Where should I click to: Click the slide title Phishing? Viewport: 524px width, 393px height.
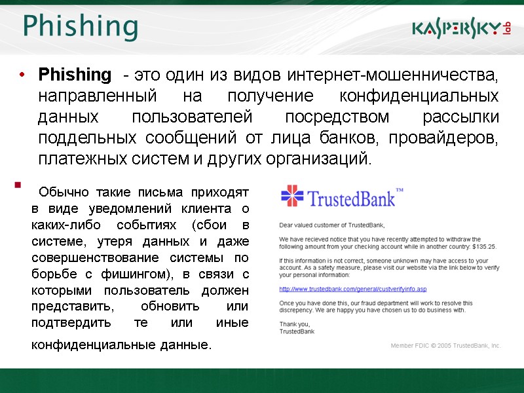coord(80,27)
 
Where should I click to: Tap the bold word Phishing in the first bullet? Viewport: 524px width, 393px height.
coord(75,74)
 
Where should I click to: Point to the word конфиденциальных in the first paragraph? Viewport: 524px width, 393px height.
coord(419,96)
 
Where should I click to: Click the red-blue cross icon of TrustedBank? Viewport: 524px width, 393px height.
coord(292,196)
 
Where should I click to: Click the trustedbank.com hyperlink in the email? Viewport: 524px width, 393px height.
coord(353,289)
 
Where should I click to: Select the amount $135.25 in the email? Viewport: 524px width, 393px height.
coord(483,246)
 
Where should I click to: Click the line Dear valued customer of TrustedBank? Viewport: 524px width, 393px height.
coord(331,225)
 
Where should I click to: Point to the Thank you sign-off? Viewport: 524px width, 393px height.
coord(294,324)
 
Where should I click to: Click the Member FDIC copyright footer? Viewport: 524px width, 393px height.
coord(445,345)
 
